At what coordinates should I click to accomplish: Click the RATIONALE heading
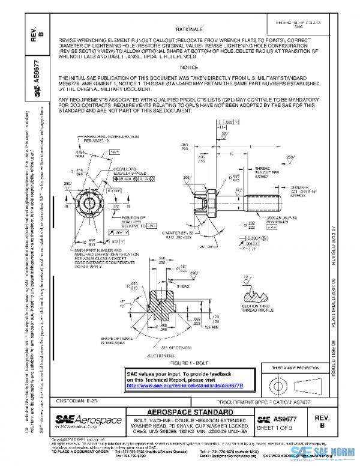pos(189,29)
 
